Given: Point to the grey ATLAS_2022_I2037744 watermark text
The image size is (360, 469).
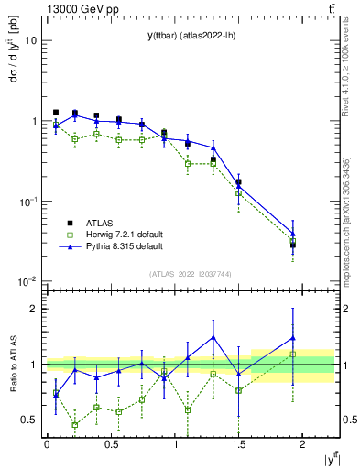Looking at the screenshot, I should (x=191, y=274).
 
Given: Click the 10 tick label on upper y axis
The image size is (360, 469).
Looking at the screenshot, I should (x=31, y=41).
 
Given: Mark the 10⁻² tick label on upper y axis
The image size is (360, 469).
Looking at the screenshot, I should (x=27, y=281).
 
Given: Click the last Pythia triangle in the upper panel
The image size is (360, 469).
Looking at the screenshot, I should (x=293, y=234).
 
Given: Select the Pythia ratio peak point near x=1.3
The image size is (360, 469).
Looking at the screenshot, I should (x=213, y=337).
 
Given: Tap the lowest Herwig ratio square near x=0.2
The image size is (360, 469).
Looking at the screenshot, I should (x=75, y=425).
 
